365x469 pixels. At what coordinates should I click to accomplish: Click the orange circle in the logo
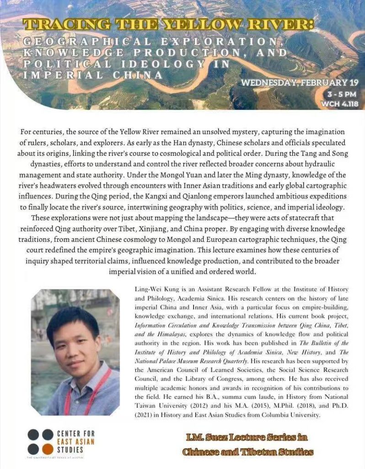click(47, 448)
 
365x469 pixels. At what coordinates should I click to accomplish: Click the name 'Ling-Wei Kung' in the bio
click(153, 289)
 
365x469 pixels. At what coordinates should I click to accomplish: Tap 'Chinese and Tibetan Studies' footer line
click(247, 452)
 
